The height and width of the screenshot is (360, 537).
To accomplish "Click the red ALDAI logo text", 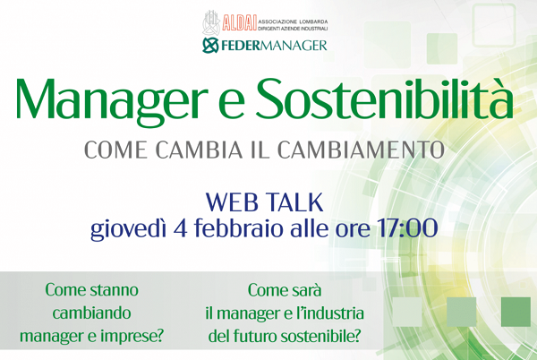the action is [239, 23].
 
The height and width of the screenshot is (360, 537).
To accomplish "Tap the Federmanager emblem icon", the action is [210, 46].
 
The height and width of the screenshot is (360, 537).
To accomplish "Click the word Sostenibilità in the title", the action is [385, 98].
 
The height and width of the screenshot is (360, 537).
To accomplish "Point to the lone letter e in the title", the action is [232, 104].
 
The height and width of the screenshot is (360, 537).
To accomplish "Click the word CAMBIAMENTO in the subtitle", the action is [361, 150].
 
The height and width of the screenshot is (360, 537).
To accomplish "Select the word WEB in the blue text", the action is [232, 202].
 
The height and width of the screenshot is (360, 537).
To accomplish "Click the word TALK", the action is [294, 202].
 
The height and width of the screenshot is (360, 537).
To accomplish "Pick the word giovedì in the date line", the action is [128, 229].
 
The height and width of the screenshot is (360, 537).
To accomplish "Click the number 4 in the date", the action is [181, 228].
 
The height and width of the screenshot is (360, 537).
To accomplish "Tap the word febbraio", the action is [240, 228].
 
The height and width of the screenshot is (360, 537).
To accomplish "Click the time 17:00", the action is [407, 228].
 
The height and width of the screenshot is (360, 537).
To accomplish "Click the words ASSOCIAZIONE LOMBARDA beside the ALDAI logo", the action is [293, 21].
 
